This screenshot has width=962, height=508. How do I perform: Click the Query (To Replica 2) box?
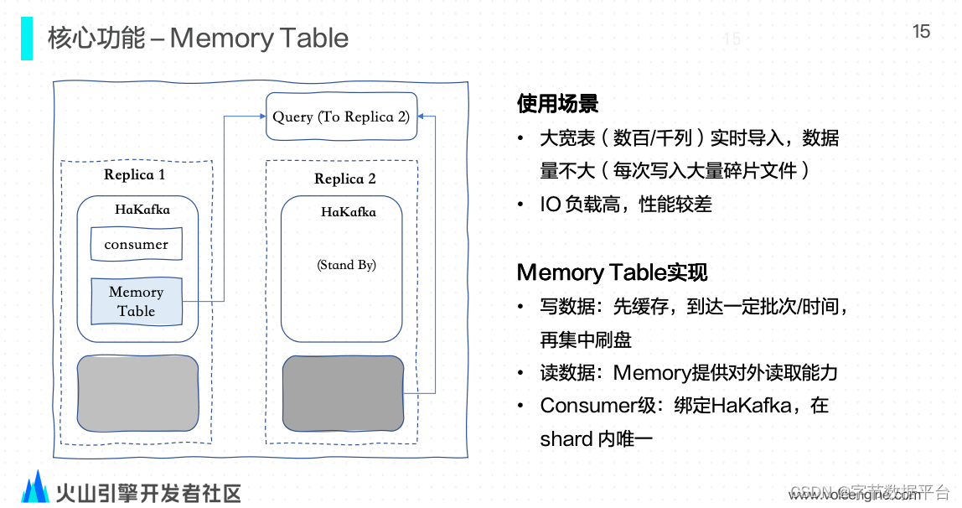341,117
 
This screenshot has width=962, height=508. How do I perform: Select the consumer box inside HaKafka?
136,245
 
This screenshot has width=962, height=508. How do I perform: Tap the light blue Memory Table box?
136,302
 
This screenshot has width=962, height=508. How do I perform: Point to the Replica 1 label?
134,174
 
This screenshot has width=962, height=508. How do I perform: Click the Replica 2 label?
344,179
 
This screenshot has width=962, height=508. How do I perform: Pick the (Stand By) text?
346,265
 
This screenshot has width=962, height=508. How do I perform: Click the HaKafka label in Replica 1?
142,210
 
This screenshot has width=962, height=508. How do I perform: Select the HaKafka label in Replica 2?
349,212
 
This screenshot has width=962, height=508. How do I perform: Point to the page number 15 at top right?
921,32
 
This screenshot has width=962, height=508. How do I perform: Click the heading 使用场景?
557,104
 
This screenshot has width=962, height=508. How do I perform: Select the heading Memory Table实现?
612,272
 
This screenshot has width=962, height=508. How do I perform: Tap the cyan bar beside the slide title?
27,39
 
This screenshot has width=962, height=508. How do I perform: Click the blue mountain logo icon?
35,488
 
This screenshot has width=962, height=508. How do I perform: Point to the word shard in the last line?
566,438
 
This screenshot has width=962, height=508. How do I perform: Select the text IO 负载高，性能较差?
626,204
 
